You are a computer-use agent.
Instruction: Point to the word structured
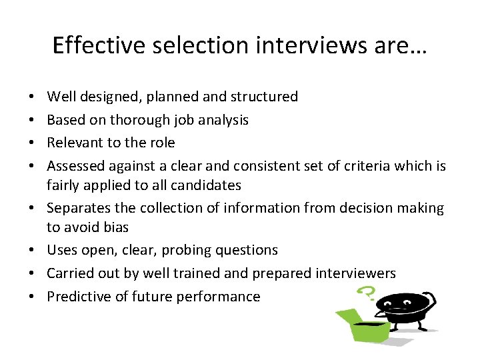264,97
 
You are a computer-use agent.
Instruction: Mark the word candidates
207,185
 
